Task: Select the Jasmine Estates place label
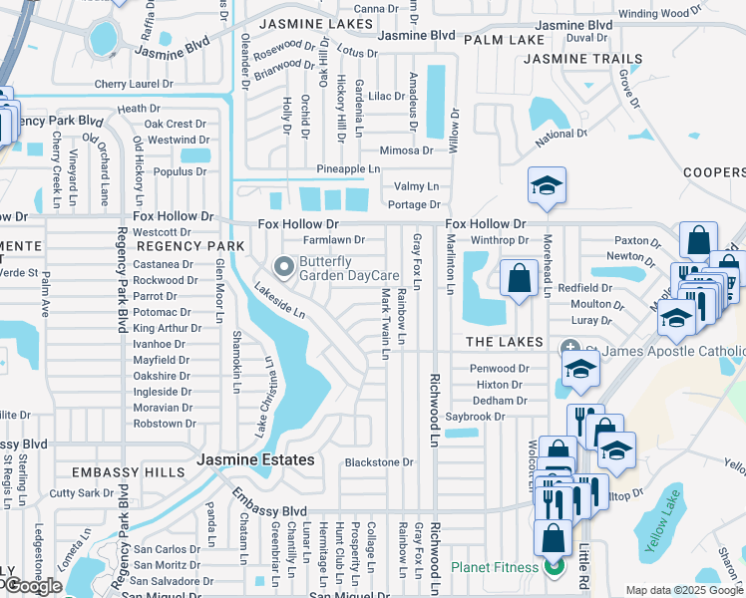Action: click(x=255, y=459)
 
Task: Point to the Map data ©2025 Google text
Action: click(x=685, y=591)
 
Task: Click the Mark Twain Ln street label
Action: click(x=385, y=316)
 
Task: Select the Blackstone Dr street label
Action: click(x=378, y=462)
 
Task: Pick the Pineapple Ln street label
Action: click(x=348, y=169)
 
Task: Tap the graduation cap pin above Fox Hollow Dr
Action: click(x=547, y=185)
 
